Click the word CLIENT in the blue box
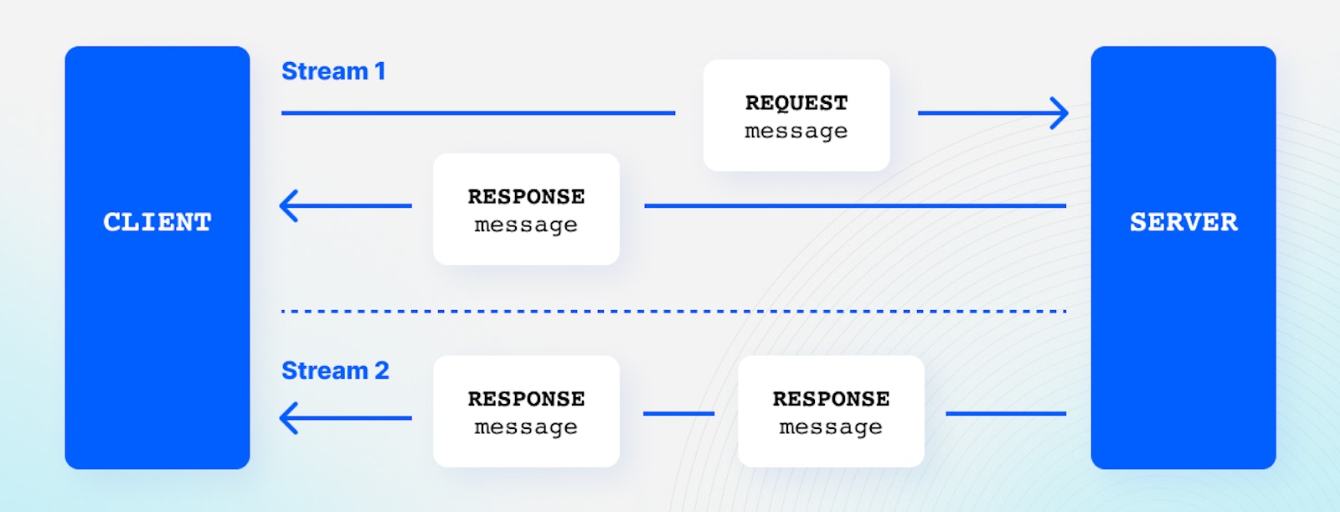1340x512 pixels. (x=157, y=222)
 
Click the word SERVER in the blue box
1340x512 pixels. (x=1183, y=222)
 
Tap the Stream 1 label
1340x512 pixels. (x=332, y=71)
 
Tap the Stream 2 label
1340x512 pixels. (x=334, y=370)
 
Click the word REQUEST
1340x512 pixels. (x=796, y=103)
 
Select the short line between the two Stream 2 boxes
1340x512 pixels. (x=678, y=413)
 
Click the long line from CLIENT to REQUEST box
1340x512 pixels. (x=477, y=112)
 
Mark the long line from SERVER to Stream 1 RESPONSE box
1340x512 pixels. (x=854, y=205)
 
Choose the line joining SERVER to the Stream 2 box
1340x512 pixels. (x=1005, y=413)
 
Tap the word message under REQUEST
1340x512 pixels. (x=796, y=132)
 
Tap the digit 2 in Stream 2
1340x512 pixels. (x=381, y=370)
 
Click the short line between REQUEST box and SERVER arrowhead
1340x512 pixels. (x=980, y=112)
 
